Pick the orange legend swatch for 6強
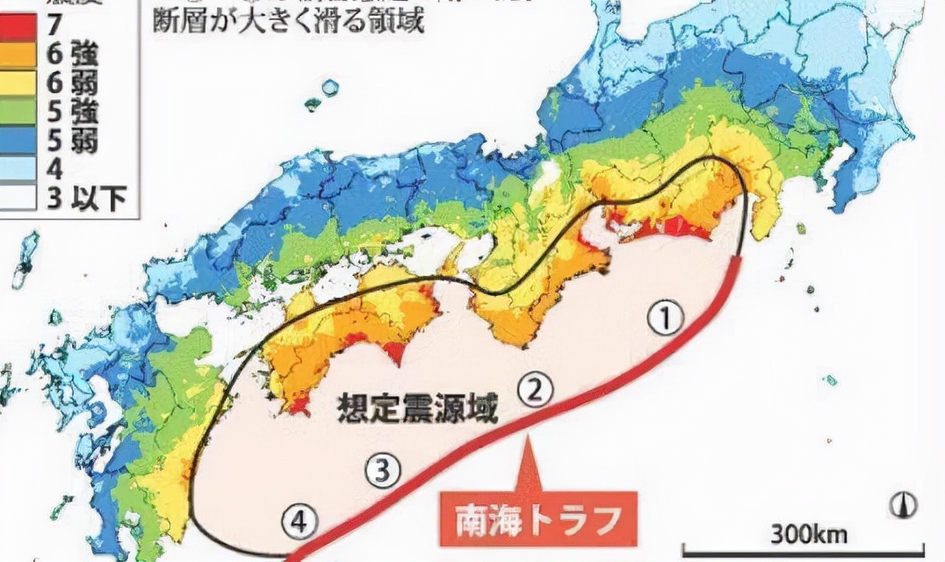pos(18,55)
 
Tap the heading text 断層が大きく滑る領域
pos(288,19)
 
